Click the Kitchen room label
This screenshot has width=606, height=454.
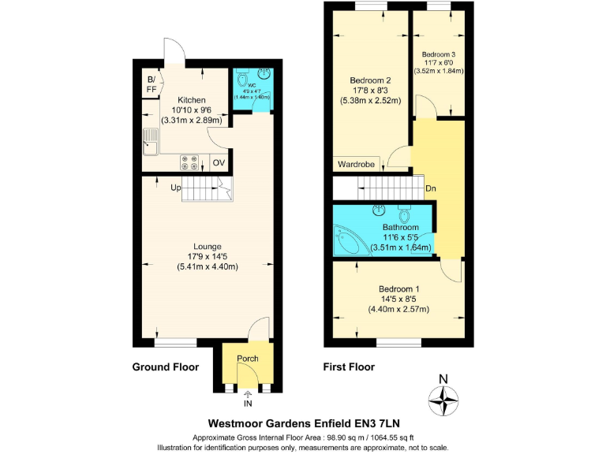coord(192,100)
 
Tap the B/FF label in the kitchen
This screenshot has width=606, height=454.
coord(151,84)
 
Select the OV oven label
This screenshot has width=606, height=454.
coord(219,163)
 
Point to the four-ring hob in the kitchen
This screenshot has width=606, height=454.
coord(190,162)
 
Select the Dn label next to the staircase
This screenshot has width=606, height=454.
coord(431,188)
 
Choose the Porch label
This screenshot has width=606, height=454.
coord(248,359)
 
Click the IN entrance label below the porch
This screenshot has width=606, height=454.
coord(248,404)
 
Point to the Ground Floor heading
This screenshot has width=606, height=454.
coord(165,367)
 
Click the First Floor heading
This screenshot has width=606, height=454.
coord(349,367)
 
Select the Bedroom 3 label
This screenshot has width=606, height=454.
coord(438,54)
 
